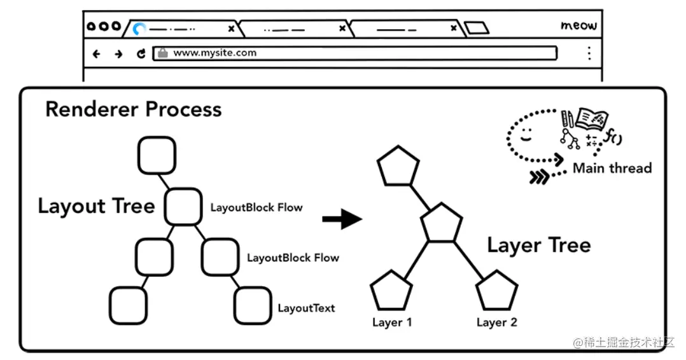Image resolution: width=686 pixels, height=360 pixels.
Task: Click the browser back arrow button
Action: tap(97, 54)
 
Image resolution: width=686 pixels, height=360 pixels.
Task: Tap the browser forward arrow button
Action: tap(118, 54)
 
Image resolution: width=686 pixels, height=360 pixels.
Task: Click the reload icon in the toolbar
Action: tap(141, 53)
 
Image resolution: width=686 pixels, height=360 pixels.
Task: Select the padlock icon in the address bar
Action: tap(163, 53)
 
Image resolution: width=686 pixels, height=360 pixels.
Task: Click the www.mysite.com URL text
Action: tap(215, 53)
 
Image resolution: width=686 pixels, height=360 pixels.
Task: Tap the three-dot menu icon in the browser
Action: tap(589, 53)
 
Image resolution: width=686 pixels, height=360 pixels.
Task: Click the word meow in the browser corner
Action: tap(579, 26)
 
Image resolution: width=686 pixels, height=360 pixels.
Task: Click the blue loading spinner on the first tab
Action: tap(139, 29)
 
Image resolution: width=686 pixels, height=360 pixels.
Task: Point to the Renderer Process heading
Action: tap(134, 109)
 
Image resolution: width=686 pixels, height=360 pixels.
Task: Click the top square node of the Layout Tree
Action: tap(157, 155)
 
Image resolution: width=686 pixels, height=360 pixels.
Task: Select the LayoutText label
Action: tap(306, 308)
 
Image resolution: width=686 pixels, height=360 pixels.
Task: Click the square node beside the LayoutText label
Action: tap(253, 305)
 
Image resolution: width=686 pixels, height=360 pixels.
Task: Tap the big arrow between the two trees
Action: tap(342, 219)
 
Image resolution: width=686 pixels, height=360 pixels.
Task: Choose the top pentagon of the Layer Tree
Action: tap(398, 166)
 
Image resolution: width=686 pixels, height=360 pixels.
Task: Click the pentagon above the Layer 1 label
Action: tap(391, 291)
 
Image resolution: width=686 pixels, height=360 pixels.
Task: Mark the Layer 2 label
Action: tap(496, 322)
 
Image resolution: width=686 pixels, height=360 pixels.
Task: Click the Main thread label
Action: tap(612, 168)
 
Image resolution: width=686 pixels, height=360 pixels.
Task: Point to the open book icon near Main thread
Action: tap(591, 118)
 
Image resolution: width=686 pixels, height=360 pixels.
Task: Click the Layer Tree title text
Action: tap(538, 245)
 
